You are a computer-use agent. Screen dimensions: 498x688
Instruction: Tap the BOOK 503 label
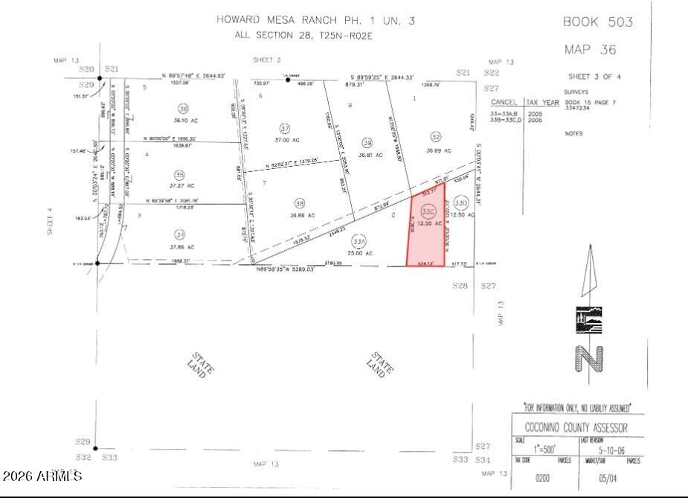[x=597, y=22]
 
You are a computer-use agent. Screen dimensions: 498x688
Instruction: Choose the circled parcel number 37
[x=283, y=128]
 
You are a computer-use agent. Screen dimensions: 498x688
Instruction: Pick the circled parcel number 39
[x=367, y=142]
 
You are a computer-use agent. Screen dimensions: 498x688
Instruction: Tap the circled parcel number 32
[x=436, y=137]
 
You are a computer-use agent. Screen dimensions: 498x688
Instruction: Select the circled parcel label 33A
[x=360, y=241]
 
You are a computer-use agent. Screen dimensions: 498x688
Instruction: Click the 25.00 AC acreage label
[x=360, y=253]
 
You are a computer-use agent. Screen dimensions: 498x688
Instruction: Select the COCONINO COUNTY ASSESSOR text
[x=576, y=428]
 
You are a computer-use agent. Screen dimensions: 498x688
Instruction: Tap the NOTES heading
[x=573, y=134]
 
